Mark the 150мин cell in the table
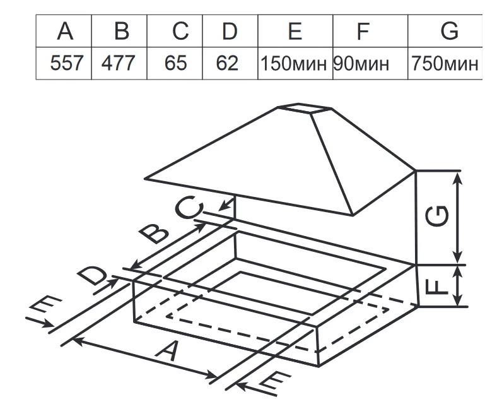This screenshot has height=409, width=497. (x=295, y=64)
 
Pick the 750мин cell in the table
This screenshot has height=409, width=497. (x=445, y=64)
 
